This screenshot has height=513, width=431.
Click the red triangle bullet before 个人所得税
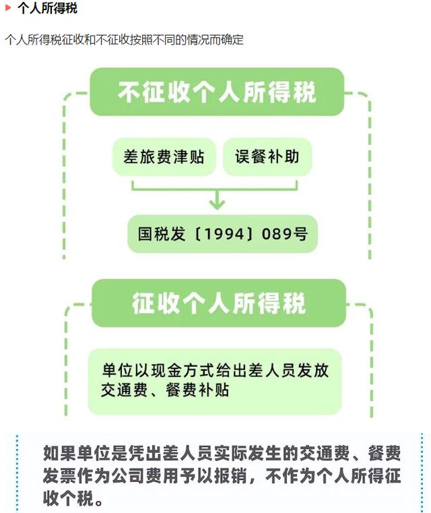[8, 9]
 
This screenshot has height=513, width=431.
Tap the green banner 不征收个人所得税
[217, 92]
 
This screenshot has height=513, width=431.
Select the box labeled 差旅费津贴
[164, 157]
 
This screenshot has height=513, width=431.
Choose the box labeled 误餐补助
[268, 157]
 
